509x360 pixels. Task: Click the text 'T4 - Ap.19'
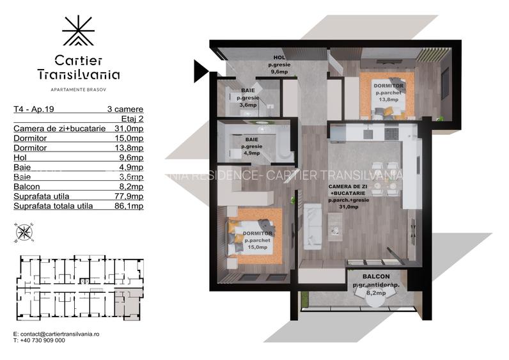[32, 109]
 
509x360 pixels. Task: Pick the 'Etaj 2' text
[132, 118]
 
